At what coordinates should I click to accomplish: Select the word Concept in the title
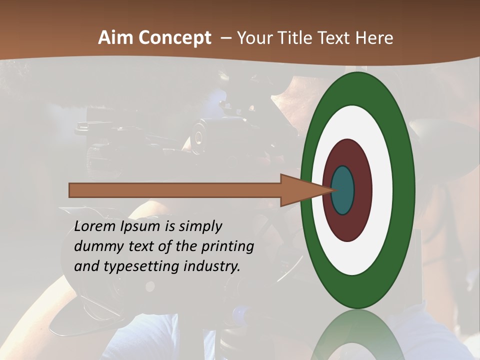pos(174,38)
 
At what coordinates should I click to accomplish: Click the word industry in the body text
pos(212,266)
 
